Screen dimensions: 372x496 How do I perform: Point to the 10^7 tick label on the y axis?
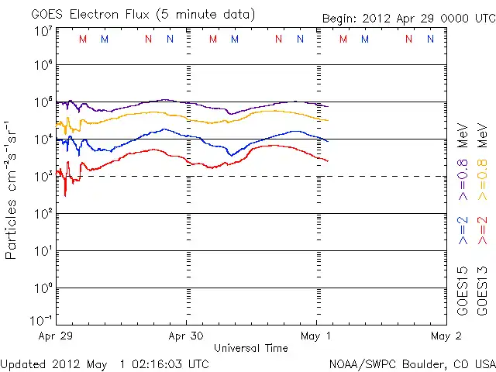43,31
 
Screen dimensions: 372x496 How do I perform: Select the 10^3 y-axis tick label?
43,177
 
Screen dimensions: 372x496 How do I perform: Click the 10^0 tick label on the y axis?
43,288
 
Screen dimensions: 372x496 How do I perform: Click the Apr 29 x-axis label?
57,336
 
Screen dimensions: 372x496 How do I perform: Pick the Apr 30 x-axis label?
186,336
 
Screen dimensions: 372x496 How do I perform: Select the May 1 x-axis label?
316,336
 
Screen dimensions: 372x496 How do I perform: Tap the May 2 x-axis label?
446,336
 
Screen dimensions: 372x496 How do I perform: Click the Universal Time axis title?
250,348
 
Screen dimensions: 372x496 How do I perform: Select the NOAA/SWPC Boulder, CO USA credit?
412,363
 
